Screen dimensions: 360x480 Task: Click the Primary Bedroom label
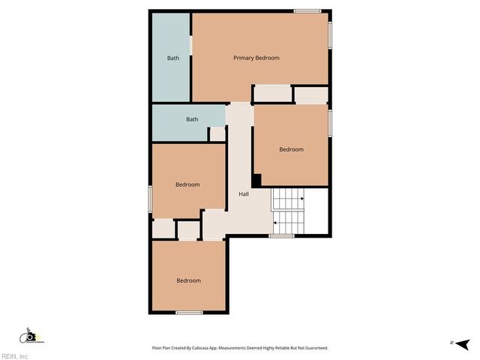tap(256, 58)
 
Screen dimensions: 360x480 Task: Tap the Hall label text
tap(244, 194)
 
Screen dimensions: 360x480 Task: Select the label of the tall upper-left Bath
tap(173, 58)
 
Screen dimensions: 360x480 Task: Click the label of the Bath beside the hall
tap(192, 118)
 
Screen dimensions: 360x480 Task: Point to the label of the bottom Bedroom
tap(188, 280)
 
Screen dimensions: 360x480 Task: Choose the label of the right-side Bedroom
tap(291, 149)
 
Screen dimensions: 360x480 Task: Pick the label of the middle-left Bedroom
tap(187, 184)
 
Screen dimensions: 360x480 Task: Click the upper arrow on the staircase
tap(301, 199)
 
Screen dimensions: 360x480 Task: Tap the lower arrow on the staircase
tap(276, 222)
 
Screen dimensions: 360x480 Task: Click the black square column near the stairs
tap(256, 180)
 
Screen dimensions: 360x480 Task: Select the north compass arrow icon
tap(463, 343)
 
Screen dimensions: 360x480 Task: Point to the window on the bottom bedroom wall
tap(189, 312)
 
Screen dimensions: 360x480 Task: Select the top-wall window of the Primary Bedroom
tap(307, 10)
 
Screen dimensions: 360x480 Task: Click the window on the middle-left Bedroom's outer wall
tap(151, 199)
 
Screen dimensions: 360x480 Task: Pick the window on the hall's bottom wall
tap(281, 236)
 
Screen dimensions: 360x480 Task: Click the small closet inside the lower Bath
tap(217, 133)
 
